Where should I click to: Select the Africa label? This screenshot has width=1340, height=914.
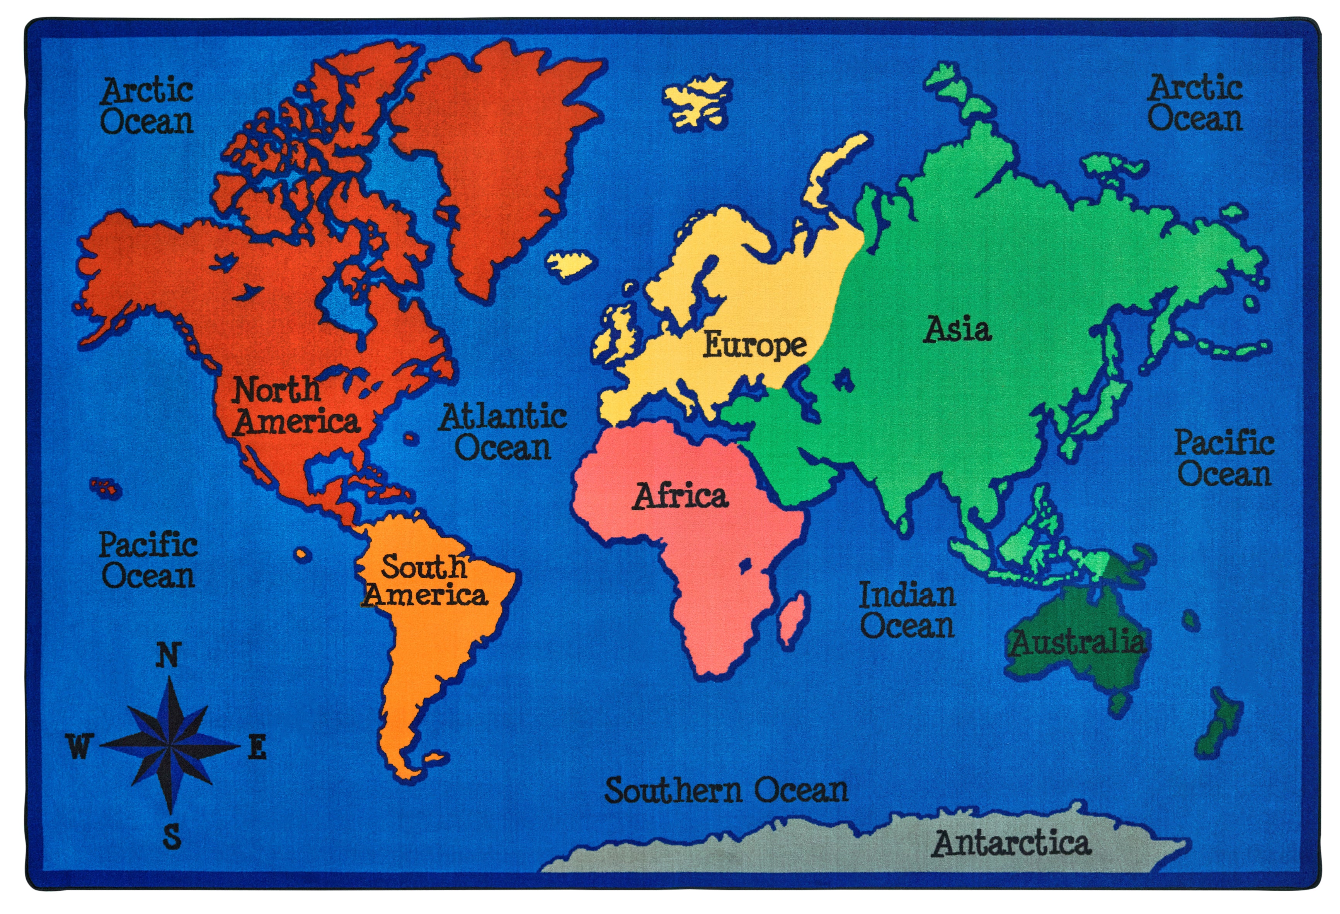[x=681, y=496]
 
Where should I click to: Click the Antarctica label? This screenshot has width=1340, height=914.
[x=1011, y=844]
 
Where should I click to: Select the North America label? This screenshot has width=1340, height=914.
[x=295, y=406]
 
